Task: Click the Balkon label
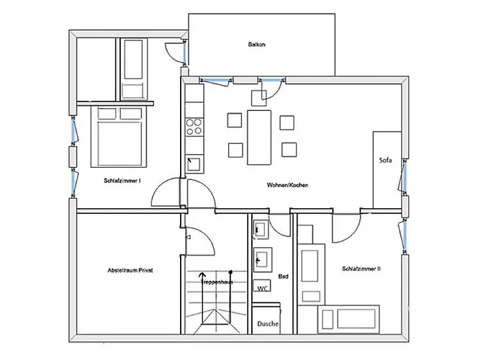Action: [256, 45]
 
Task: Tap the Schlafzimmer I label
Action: [122, 181]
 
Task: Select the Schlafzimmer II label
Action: [361, 269]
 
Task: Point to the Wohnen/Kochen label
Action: [287, 185]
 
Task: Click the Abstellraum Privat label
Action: [130, 270]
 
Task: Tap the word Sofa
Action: [385, 160]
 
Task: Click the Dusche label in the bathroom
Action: [268, 324]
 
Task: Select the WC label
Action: [262, 288]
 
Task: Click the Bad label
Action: [283, 276]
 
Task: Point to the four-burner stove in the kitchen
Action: [194, 127]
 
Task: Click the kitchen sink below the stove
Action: [194, 163]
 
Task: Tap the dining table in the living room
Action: [259, 138]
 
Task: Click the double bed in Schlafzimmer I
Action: [119, 137]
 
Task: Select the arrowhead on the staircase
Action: [202, 274]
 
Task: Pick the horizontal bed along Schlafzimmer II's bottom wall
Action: [348, 319]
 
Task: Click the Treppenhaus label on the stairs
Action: [217, 282]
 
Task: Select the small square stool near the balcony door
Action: [258, 98]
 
